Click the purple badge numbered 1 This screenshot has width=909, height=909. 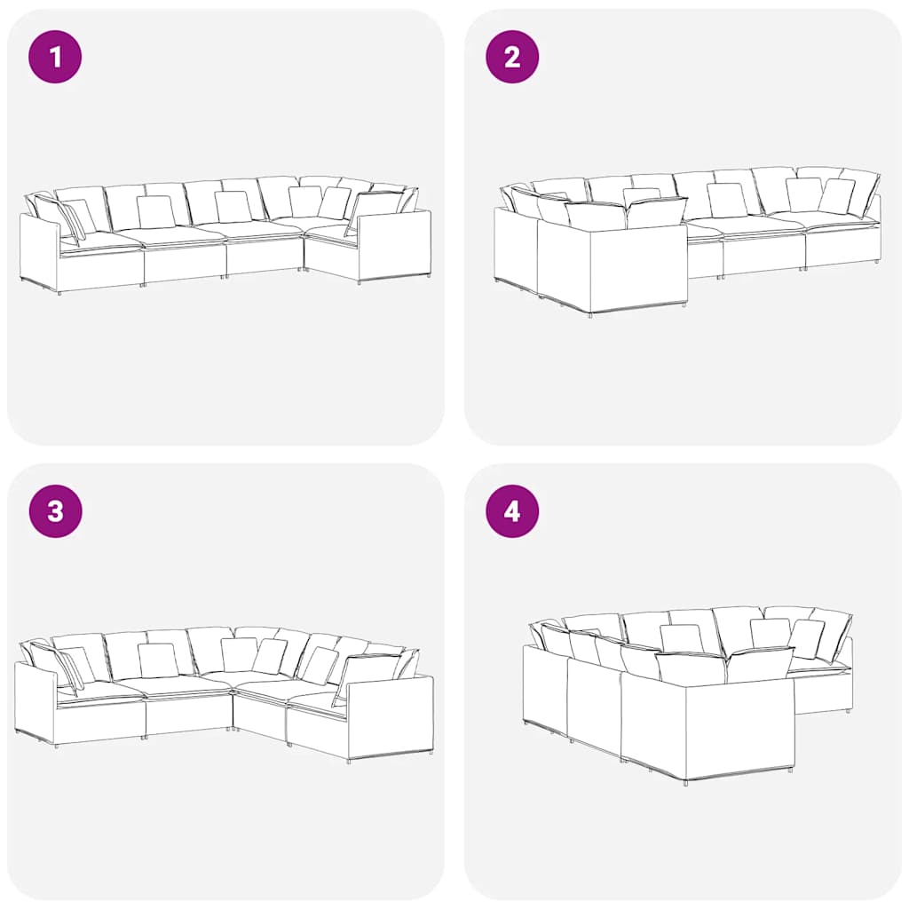55,57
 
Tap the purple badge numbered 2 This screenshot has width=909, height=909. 512,57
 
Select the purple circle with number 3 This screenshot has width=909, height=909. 55,511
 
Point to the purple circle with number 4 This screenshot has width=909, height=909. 512,511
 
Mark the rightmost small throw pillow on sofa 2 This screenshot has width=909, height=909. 836,196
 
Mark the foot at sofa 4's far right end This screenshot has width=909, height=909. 848,709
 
